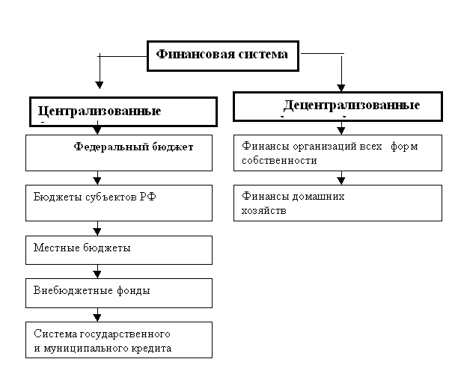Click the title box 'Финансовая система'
[223, 56]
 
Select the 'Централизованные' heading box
[123, 112]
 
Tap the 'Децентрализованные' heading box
[338, 106]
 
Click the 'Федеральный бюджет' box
[119, 153]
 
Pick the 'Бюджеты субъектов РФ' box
[119, 203]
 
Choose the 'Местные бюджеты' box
[119, 251]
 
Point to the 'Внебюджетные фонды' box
[119, 293]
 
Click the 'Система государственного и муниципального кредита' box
[119, 340]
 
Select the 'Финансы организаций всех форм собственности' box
[338, 153]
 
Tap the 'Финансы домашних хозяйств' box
[338, 203]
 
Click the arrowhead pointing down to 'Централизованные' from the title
[100, 85]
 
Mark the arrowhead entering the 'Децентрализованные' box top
[341, 88]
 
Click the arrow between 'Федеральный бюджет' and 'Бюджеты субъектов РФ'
[97, 178]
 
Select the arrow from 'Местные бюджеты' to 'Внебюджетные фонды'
[97, 272]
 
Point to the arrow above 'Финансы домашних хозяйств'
[341, 178]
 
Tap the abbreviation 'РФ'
[148, 197]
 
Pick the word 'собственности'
[279, 161]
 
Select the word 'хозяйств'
[263, 211]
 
